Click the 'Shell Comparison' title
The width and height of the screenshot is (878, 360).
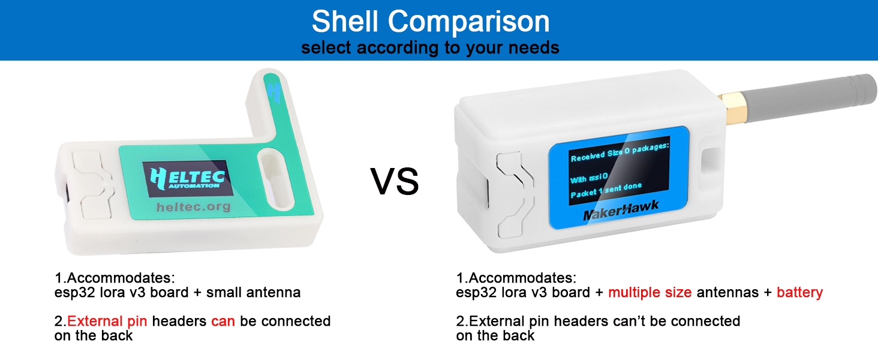(x=431, y=22)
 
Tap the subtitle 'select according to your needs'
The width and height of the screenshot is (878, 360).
(x=430, y=48)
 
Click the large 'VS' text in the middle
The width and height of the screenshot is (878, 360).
(x=395, y=181)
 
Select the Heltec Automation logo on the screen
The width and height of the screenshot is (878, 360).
(x=188, y=178)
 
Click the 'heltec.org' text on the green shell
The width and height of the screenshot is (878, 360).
(x=194, y=206)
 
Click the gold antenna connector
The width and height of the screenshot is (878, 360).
(x=732, y=108)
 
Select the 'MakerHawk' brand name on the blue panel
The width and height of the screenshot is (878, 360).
(x=621, y=211)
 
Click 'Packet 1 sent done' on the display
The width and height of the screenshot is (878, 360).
(x=606, y=190)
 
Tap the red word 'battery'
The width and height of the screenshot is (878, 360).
(x=799, y=293)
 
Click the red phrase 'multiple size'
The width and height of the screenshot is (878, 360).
(x=650, y=293)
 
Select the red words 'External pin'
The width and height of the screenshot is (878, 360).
(x=107, y=321)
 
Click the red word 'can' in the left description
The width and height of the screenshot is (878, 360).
(x=223, y=322)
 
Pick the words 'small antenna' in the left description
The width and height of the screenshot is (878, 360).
(x=253, y=293)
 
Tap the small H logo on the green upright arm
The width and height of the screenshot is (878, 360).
(x=275, y=92)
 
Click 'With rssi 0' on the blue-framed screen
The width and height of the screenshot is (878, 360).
(x=589, y=178)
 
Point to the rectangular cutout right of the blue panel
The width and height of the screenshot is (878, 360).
(x=711, y=160)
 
